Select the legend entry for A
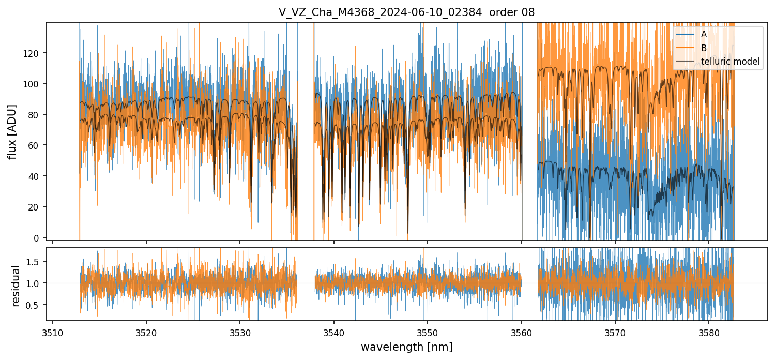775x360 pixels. click(704, 34)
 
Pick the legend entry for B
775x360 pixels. click(704, 48)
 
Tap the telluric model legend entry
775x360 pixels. click(730, 62)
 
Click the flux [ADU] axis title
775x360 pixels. click(12, 131)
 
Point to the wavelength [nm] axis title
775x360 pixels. click(406, 347)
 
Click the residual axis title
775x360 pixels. click(16, 286)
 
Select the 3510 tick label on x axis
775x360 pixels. click(53, 332)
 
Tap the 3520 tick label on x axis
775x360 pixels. click(146, 332)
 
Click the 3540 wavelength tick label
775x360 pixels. click(334, 332)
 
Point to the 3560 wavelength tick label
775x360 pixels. click(522, 332)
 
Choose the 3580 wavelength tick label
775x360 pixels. click(709, 332)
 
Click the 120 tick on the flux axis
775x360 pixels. click(36, 53)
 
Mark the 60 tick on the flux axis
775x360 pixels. click(38, 145)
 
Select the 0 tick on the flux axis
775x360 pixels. click(40, 238)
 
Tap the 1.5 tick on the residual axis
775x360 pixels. click(36, 262)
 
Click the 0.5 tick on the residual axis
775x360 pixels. click(36, 306)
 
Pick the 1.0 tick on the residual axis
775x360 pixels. click(36, 283)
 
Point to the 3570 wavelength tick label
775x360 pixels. click(615, 332)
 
